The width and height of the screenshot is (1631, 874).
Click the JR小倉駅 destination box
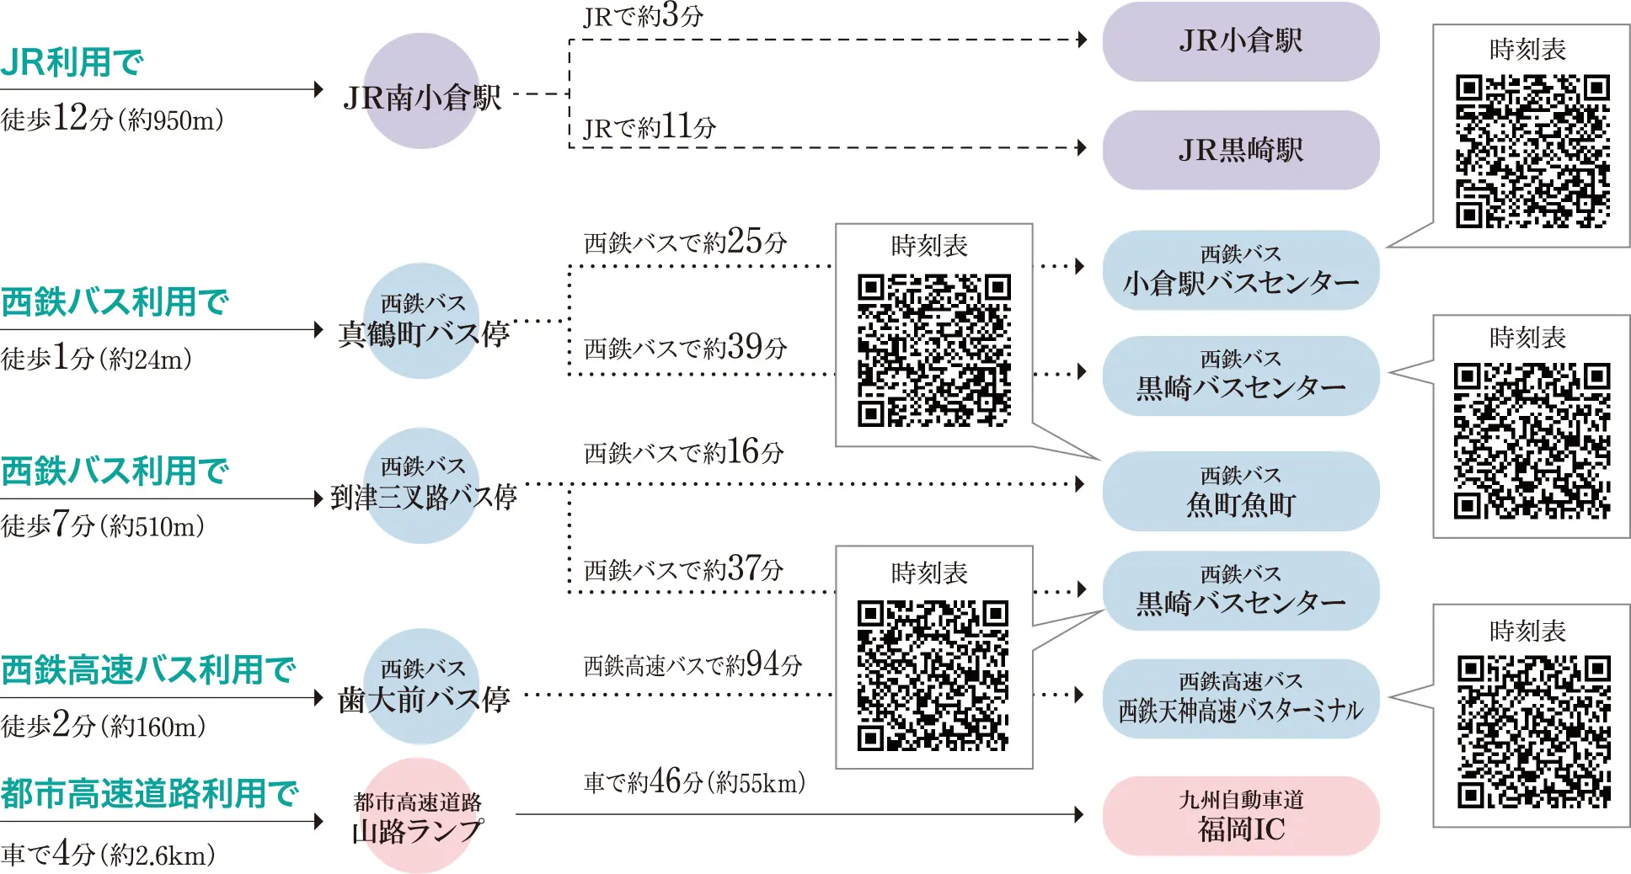(1240, 41)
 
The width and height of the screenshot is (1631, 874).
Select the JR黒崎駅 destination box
(1240, 150)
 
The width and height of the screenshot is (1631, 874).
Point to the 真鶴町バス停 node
(422, 322)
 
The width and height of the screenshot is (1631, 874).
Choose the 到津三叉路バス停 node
(422, 486)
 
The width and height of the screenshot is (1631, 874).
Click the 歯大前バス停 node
(422, 686)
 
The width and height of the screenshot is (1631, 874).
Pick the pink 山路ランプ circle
(418, 817)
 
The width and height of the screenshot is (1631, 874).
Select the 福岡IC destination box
(1240, 816)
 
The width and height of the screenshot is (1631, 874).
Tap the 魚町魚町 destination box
(1240, 492)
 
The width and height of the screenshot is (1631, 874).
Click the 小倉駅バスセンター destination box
(1240, 270)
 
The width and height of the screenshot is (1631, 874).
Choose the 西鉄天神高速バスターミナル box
(1240, 699)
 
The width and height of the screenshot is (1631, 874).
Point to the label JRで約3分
(643, 16)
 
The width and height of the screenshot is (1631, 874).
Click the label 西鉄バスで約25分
(685, 242)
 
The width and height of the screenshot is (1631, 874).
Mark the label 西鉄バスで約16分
(683, 453)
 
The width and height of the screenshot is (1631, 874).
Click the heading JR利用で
(72, 62)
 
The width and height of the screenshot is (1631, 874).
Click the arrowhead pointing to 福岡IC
(1079, 814)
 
